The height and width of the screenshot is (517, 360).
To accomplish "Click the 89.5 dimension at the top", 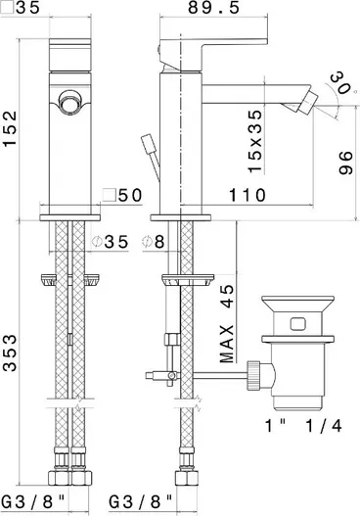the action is (213, 7).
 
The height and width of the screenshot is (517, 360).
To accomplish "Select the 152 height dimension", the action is (10, 128).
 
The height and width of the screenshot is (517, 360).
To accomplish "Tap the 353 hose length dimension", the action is (10, 352).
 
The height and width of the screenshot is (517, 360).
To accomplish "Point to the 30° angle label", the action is (340, 83).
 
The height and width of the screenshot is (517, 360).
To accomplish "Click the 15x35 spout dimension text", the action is (255, 141).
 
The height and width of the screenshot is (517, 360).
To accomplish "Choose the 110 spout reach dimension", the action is (247, 195).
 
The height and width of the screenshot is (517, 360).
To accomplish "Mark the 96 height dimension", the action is (345, 163).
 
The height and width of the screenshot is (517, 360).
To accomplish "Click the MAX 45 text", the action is (227, 323).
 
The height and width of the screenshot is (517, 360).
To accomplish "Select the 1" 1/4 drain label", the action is (303, 426).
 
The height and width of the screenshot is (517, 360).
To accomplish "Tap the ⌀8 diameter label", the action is (154, 242).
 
